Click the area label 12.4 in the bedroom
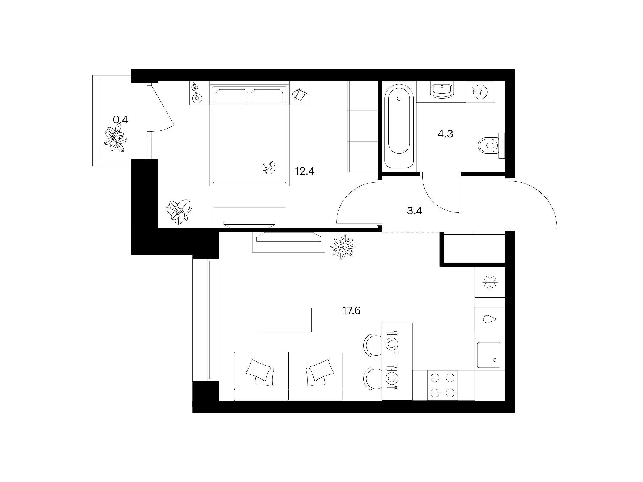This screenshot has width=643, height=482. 305,171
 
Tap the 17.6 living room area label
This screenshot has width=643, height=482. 351,311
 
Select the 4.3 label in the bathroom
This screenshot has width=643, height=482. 445,134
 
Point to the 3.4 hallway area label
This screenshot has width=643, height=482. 414,211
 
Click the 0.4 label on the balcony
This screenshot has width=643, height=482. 120,119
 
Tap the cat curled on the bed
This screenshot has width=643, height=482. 269,168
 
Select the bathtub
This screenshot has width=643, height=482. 399,126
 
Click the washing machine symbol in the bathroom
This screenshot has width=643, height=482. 480,92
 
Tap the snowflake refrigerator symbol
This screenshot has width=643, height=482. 490,282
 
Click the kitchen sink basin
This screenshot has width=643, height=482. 489,355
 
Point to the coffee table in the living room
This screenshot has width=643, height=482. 285,320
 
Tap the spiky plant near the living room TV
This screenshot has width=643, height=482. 343,247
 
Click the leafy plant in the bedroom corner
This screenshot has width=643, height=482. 179,212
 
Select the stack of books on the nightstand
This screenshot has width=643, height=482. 299,95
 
